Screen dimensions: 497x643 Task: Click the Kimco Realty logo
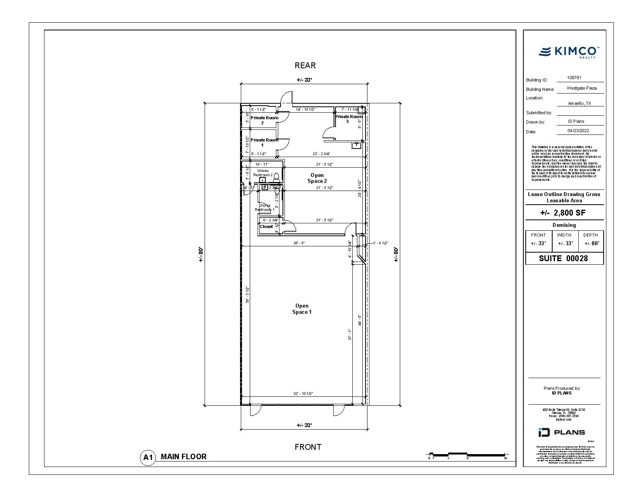point(569,52)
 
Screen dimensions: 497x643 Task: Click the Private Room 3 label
point(349,119)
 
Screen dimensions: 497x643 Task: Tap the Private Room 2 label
point(264,120)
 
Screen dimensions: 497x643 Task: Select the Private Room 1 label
point(264,142)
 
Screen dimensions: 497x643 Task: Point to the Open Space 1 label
point(302,309)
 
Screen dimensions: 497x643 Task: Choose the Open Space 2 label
point(317,178)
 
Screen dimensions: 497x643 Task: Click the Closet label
point(266,226)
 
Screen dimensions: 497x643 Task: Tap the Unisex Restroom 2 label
point(263,173)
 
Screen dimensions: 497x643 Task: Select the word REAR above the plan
point(305,65)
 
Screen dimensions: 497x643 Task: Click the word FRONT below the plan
point(308,447)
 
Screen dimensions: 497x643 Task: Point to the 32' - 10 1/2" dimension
point(303,393)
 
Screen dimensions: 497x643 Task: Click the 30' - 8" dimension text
point(299,243)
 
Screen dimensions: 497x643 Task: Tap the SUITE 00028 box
point(564,258)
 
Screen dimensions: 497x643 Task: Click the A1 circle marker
point(148,457)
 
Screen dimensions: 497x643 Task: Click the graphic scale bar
point(468,454)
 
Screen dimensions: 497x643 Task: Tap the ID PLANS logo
point(562,432)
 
